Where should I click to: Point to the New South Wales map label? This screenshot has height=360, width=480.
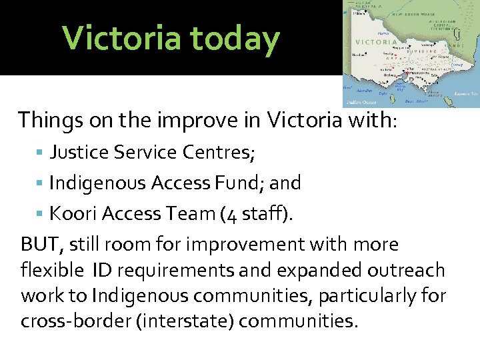click(414, 15)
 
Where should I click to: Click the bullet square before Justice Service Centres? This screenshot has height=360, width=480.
click(42, 151)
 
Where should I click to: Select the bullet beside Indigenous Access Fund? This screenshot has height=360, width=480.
click(42, 183)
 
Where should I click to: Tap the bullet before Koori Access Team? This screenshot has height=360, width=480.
click(42, 213)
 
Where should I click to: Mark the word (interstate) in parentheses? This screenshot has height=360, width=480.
click(184, 321)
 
